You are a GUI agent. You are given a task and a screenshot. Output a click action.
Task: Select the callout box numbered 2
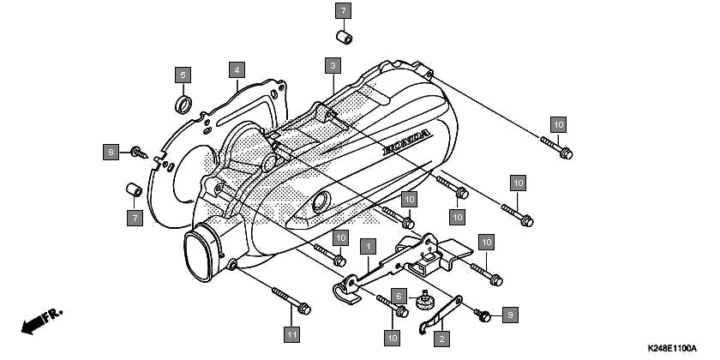[x=441, y=339]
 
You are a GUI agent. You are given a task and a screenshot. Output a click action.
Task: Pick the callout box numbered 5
[x=183, y=75]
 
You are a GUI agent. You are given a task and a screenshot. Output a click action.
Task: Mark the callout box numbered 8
[x=110, y=153]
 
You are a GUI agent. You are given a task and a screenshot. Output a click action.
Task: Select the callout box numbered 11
[x=292, y=333]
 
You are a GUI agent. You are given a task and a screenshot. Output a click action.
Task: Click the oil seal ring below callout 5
[x=183, y=105]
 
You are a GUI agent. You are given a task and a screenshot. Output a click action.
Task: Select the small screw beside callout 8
[x=137, y=153]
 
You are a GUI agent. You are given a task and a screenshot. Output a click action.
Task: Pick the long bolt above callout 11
[x=291, y=299]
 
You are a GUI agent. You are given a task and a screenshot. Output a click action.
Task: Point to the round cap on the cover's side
[x=321, y=203]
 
